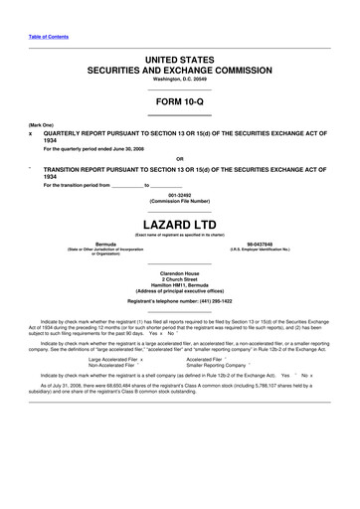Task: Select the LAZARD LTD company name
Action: (x=179, y=225)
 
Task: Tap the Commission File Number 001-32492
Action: (x=179, y=195)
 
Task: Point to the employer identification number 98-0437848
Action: (x=259, y=244)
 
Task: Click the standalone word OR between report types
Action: (x=179, y=160)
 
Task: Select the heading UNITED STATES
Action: (x=179, y=62)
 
